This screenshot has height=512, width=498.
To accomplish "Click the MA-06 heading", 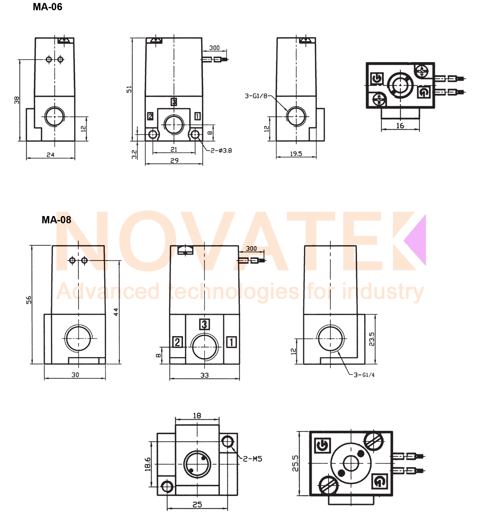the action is click(x=48, y=7).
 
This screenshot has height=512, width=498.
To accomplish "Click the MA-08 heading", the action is click(x=56, y=220).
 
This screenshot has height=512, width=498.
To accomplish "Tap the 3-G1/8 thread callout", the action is click(x=256, y=96).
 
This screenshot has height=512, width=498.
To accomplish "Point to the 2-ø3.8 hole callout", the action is click(x=221, y=151).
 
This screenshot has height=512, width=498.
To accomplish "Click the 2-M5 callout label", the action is click(x=252, y=459).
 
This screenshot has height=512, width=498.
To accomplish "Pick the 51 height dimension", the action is click(x=129, y=89).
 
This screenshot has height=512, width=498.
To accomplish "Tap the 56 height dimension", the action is click(x=29, y=300).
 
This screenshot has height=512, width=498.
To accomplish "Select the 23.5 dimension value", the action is click(x=372, y=339).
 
